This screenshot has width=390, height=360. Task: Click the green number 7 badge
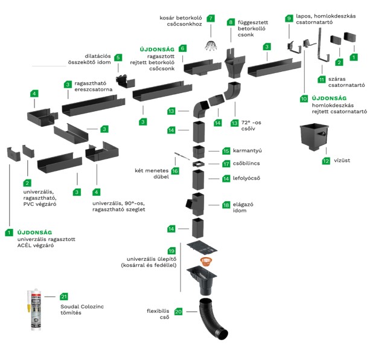tap(210, 18)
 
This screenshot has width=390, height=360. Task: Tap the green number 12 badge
tap(326, 161)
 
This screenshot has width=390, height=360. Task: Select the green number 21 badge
tap(65, 297)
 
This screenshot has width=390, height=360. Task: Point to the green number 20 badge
tap(178, 312)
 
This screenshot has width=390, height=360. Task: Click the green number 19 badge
tap(171, 251)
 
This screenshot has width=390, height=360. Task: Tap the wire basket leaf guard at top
tap(211, 45)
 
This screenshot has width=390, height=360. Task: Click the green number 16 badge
tap(175, 171)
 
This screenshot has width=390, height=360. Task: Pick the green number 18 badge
tap(226, 205)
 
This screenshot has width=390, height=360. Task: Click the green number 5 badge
tap(118, 58)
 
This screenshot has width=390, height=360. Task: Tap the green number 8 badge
tap(230, 22)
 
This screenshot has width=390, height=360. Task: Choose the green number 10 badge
tap(304, 98)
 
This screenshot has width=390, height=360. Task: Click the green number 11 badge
tap(322, 79)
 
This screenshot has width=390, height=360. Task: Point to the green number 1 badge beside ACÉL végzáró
tap(9, 232)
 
